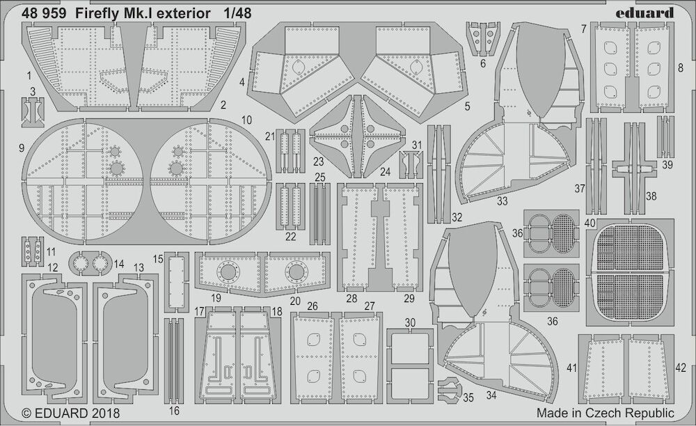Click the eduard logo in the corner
[x=644, y=13]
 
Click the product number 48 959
[x=44, y=14]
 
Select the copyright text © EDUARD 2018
[x=70, y=413]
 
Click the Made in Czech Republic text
[x=605, y=413]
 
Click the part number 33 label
[x=502, y=201]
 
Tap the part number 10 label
[x=246, y=120]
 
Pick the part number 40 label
[x=590, y=223]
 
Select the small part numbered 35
[x=448, y=388]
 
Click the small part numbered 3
[x=33, y=109]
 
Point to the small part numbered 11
[x=33, y=251]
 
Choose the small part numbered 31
[x=411, y=164]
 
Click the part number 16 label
[x=175, y=411]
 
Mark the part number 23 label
[x=318, y=162]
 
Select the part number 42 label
[x=681, y=368]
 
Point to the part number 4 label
[x=242, y=82]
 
